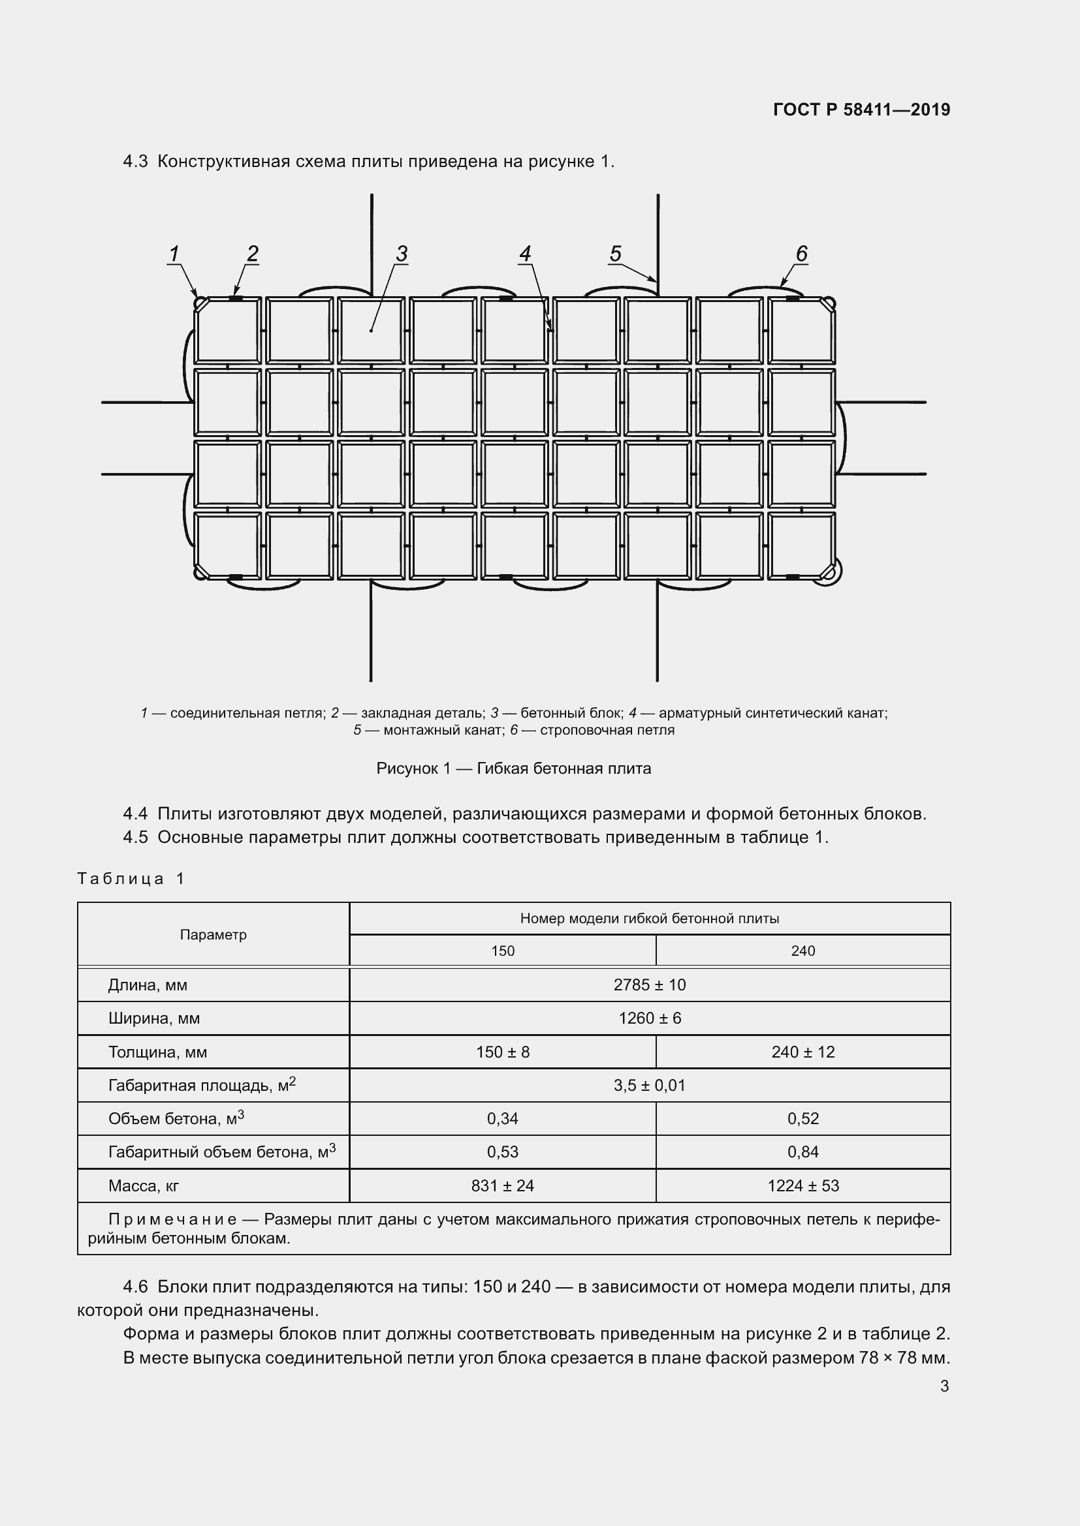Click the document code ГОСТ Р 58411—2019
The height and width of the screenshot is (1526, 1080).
[862, 110]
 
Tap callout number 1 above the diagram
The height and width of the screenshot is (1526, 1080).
[174, 254]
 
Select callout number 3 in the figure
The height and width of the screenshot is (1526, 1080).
[402, 254]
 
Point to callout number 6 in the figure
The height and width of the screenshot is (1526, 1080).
[801, 254]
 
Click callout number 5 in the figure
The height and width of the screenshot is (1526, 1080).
[615, 254]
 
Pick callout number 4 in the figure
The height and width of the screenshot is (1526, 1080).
[526, 254]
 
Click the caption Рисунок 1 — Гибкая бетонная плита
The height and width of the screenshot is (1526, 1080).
[513, 769]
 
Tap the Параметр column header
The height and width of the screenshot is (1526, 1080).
[213, 934]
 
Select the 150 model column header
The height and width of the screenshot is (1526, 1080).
[503, 951]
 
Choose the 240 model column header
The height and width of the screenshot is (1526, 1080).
[802, 951]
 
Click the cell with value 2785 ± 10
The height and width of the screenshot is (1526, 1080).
[650, 985]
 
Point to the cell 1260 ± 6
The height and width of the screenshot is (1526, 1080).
[650, 1018]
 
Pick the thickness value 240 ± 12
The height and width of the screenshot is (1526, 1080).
[802, 1052]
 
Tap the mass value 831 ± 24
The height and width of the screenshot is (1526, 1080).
[503, 1185]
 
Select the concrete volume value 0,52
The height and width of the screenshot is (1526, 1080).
[802, 1119]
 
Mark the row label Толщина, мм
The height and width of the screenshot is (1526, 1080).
[157, 1052]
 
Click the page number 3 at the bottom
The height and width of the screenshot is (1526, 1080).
[944, 1386]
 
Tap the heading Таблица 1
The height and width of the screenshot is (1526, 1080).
[131, 879]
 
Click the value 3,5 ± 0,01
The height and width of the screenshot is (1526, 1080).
[650, 1086]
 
